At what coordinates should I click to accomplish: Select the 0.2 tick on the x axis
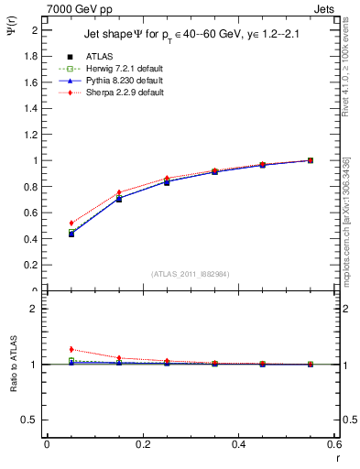[142, 444]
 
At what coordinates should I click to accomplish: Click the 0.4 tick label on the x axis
[238, 444]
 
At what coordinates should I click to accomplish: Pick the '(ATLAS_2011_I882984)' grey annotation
[191, 274]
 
